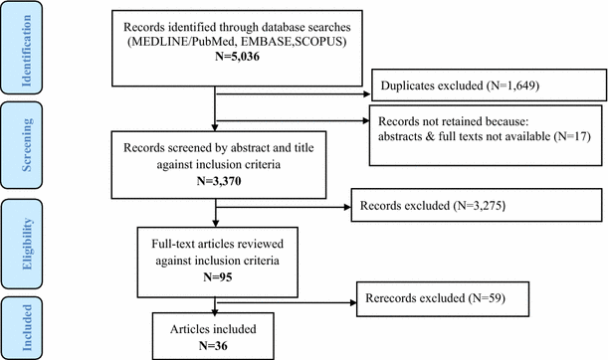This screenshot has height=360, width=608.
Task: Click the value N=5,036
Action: click(218, 60)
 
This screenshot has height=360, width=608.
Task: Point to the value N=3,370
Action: click(216, 183)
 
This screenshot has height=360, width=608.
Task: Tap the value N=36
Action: click(216, 344)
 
